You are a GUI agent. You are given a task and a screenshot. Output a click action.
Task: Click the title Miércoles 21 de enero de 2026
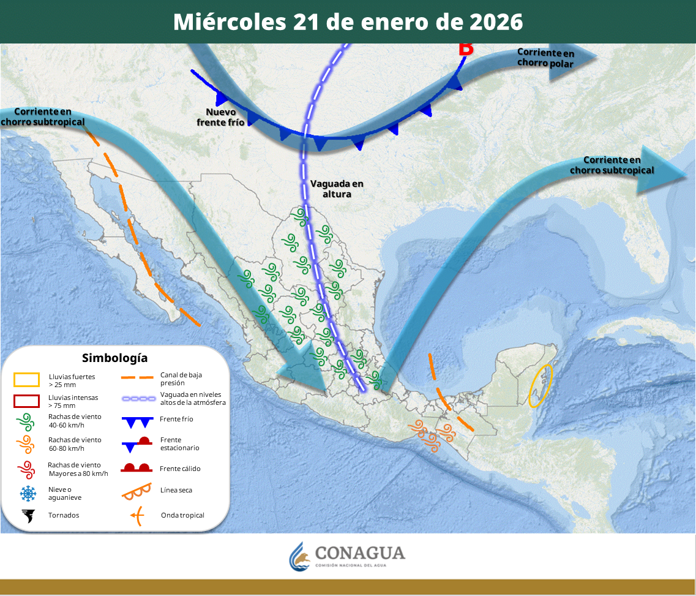(x=348, y=21)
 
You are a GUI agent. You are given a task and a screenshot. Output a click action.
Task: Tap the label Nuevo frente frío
(x=221, y=117)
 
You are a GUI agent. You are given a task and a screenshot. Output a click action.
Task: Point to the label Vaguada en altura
(x=337, y=189)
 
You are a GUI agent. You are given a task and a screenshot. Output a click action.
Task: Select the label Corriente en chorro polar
(x=545, y=58)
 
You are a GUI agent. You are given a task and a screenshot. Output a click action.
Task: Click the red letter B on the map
(x=466, y=49)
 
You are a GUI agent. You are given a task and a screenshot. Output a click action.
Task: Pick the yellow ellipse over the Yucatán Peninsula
(x=541, y=386)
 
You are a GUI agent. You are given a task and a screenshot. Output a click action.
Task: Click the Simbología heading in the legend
(x=114, y=358)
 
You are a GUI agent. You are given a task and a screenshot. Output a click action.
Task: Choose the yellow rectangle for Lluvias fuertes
(x=26, y=380)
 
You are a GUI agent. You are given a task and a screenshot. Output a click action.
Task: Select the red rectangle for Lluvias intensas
(x=26, y=401)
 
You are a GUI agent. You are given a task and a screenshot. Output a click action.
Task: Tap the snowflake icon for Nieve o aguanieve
(x=28, y=494)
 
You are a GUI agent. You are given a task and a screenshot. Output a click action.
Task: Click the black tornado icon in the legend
(x=28, y=516)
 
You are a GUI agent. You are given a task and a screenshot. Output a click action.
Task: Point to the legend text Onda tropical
(x=182, y=516)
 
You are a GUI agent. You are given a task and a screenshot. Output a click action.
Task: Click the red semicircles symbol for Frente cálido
(x=137, y=468)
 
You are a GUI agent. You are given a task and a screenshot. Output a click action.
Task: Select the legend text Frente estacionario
(x=179, y=444)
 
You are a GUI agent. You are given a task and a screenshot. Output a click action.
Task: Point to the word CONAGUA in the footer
(x=360, y=553)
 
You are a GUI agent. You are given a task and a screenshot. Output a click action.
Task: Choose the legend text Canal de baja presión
(x=181, y=379)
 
